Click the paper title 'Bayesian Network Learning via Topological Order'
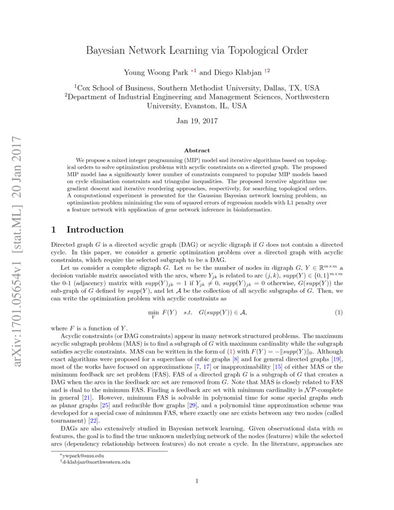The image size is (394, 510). (x=197, y=50)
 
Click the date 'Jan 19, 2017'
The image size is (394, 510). (x=197, y=121)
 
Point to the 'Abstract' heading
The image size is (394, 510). (x=197, y=150)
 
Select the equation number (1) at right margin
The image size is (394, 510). (x=339, y=313)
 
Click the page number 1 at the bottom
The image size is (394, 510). (x=197, y=481)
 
